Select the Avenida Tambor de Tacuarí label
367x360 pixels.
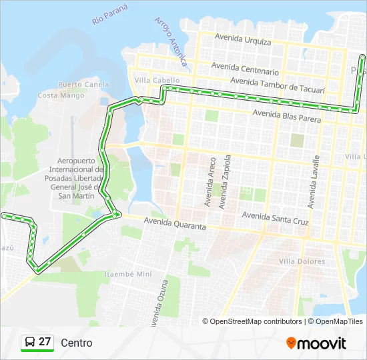pos(278,85)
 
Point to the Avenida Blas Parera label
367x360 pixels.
pos(287,117)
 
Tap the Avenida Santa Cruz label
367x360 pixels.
pos(275,216)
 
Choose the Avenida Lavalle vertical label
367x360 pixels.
pos(313,181)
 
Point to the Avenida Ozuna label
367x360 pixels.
pos(157,303)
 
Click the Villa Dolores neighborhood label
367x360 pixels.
pos(302,261)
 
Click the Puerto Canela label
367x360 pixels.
pos(83,85)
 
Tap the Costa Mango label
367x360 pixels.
pos(61,95)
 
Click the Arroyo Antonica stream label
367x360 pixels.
pos(170,42)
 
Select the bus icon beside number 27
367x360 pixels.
pos(30,343)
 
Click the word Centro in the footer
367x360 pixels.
pos(77,343)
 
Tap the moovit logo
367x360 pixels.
pos(316,343)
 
